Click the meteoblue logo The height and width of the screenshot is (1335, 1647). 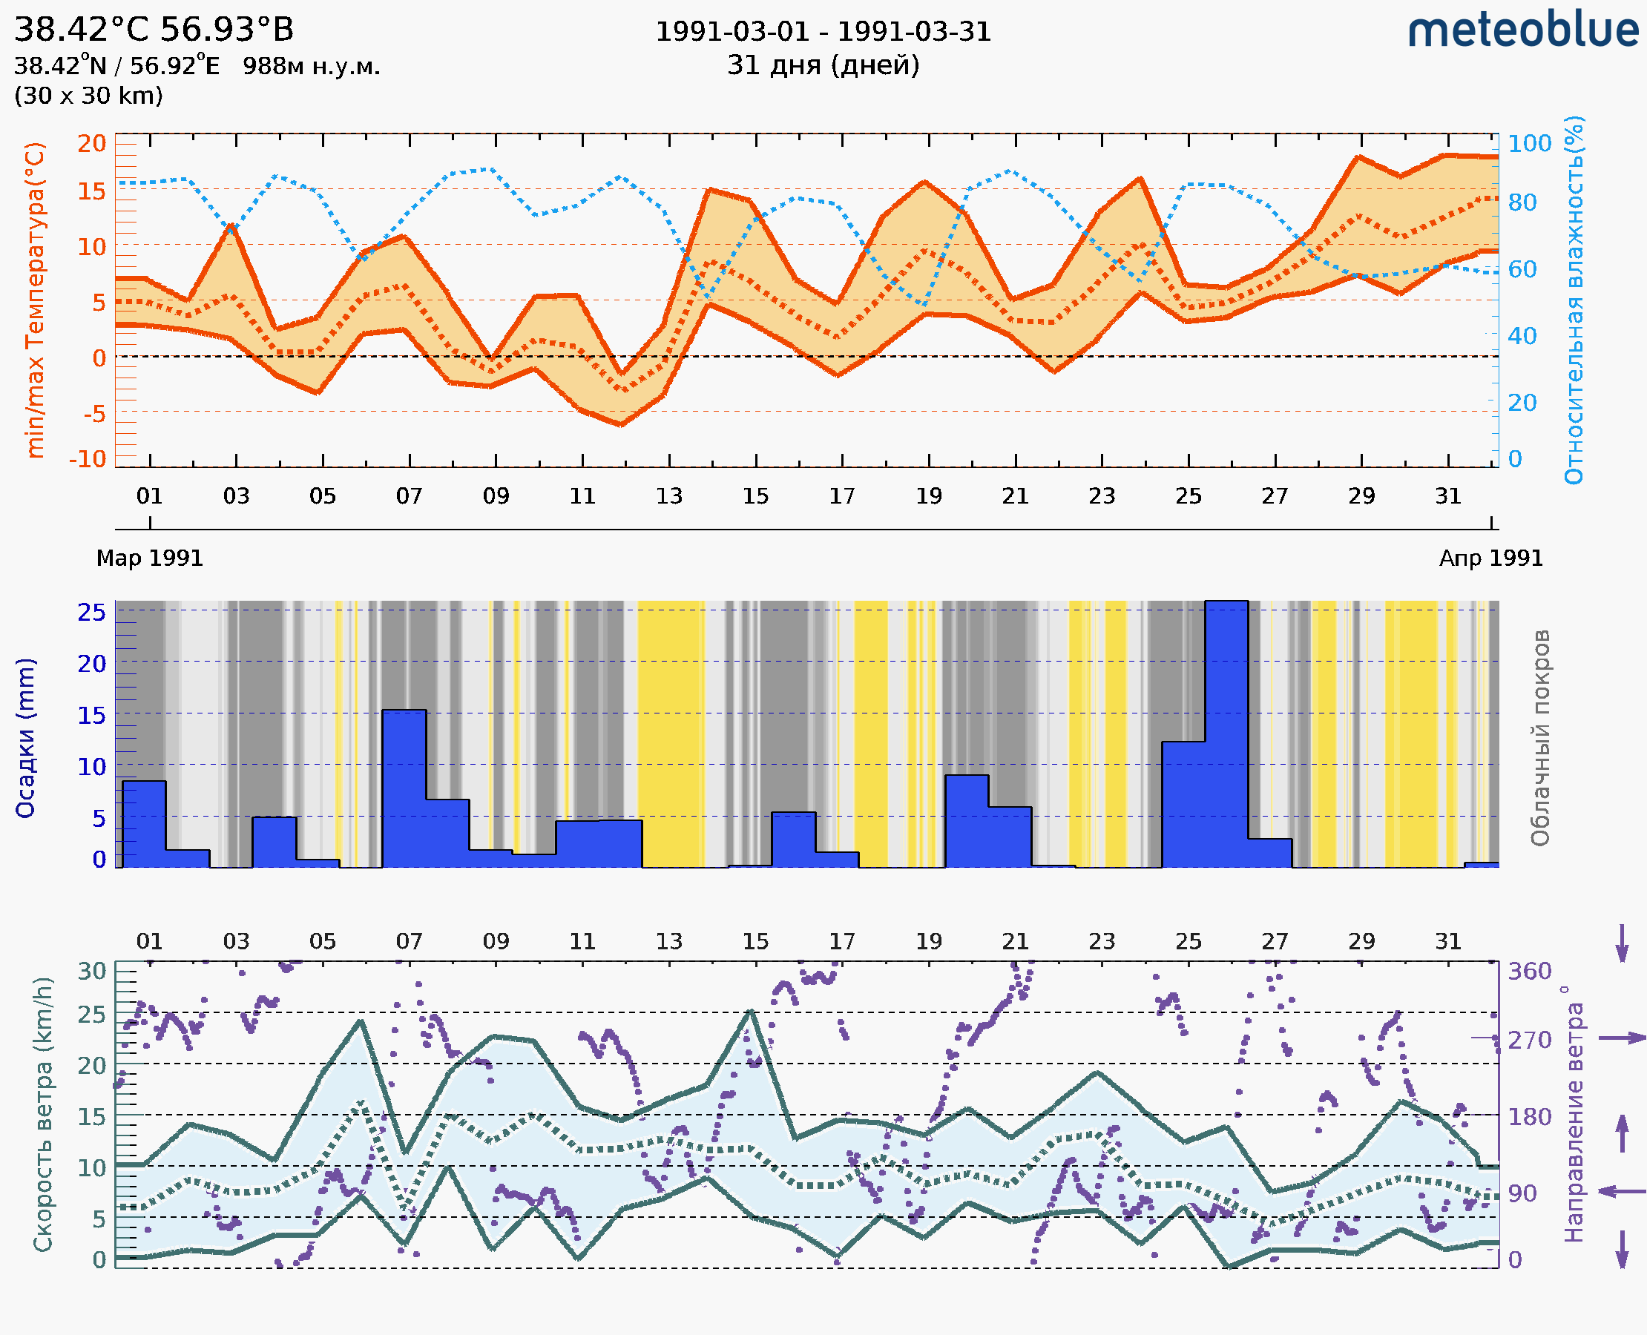(1522, 30)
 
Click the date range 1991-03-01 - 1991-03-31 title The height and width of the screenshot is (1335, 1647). (822, 32)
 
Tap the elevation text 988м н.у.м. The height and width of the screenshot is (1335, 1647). (311, 66)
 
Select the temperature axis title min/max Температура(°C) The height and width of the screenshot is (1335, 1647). (35, 300)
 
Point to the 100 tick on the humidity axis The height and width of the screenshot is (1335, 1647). (1528, 143)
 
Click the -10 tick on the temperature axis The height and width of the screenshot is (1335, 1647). (87, 459)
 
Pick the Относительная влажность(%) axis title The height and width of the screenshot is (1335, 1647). (1574, 300)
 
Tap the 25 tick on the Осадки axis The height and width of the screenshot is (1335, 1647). (91, 613)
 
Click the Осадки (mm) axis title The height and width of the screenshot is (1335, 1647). (25, 738)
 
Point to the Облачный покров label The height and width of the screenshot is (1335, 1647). (1539, 738)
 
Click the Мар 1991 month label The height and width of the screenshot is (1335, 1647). (149, 558)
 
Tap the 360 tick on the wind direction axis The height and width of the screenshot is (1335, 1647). (1528, 972)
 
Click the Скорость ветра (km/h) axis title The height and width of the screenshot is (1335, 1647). (43, 1114)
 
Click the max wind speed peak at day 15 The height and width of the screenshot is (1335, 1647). (751, 1011)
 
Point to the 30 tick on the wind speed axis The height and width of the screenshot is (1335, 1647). (91, 972)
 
